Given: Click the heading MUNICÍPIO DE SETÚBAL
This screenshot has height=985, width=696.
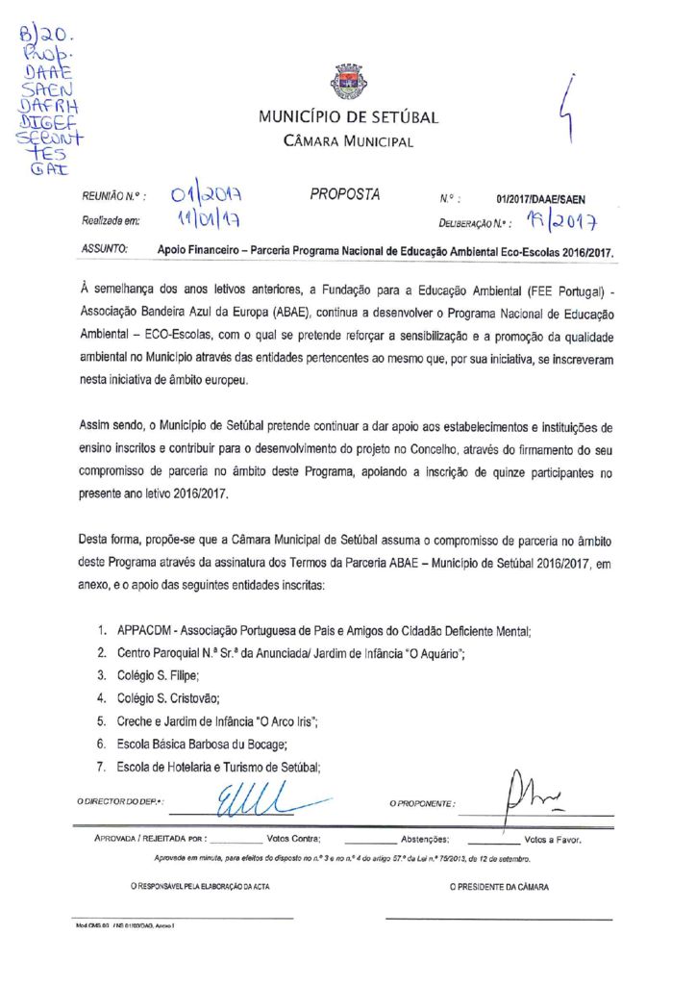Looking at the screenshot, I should coord(348,118).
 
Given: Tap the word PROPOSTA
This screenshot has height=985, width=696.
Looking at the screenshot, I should coord(344,195).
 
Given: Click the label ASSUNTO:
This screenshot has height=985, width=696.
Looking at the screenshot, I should coord(105,249).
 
